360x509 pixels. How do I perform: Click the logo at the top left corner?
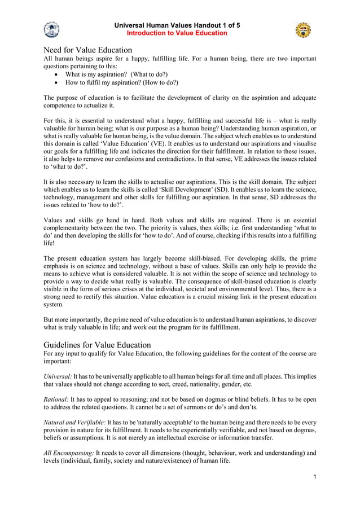[x=51, y=29]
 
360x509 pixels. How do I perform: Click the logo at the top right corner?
[x=303, y=30]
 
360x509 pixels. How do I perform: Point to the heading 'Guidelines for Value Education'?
[x=97, y=345]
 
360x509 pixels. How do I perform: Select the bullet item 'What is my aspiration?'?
[x=102, y=74]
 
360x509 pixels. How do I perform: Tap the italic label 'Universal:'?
[x=57, y=376]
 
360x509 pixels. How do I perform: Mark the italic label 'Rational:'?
[x=56, y=399]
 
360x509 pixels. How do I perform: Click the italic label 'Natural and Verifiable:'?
[x=74, y=422]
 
